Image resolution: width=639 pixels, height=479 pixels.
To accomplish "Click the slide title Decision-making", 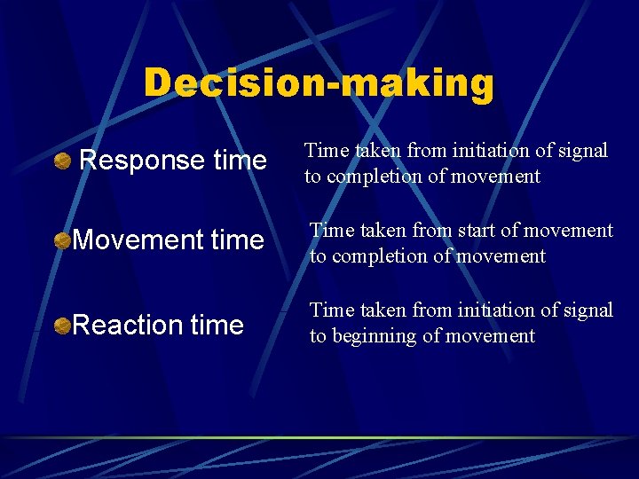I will [x=319, y=83].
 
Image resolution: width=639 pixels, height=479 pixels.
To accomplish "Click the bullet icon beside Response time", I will [x=62, y=161].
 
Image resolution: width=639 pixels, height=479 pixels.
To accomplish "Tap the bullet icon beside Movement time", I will [x=62, y=240].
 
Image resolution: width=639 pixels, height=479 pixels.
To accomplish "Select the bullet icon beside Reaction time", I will [x=62, y=326].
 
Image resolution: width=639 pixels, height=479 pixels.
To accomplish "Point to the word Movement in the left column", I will [x=131, y=240].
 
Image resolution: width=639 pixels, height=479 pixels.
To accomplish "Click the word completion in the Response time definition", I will [x=371, y=177].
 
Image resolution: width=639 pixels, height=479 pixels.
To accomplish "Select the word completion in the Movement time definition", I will [x=375, y=256].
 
